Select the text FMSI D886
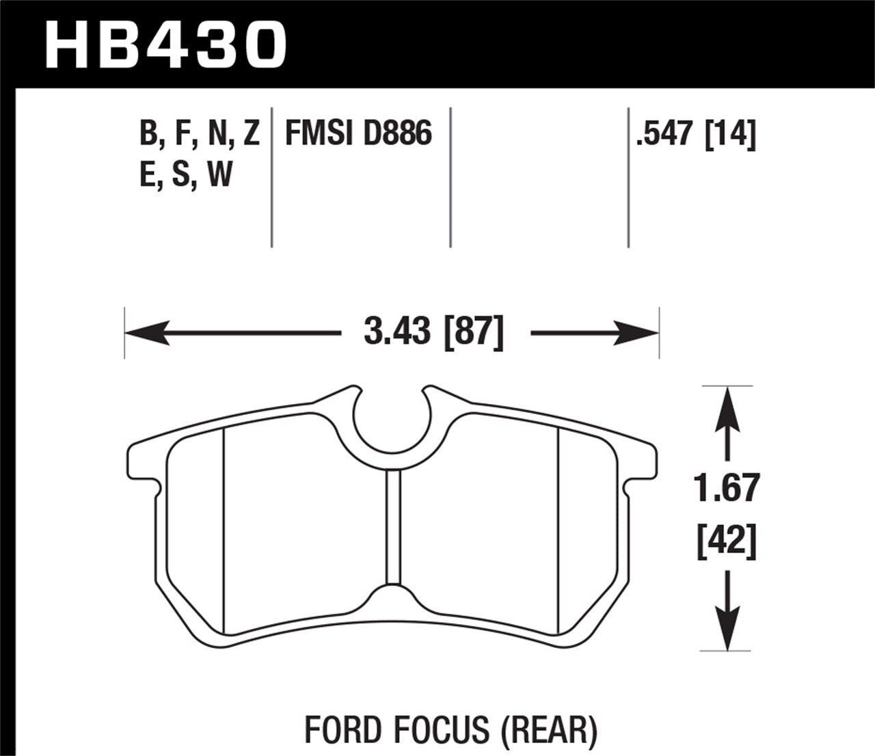358,133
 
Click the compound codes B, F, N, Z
200,133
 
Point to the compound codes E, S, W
186,175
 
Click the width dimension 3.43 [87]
434,333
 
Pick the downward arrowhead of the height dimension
727,632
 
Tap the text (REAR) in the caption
549,729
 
